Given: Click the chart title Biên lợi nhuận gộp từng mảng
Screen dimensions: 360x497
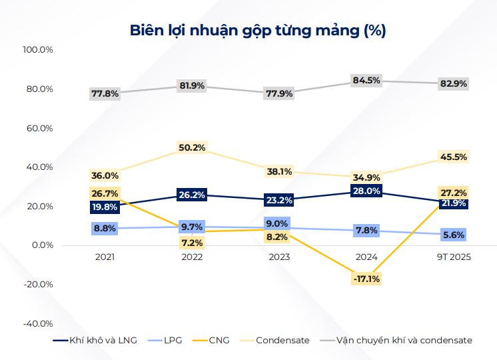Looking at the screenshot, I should [248, 30].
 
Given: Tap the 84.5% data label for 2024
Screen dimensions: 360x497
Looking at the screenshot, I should [366, 80].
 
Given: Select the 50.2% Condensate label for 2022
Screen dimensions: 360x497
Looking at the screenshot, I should [192, 147].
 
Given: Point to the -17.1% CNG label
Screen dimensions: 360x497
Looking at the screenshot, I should [366, 279].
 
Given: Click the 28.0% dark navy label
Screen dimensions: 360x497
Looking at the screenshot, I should [366, 191].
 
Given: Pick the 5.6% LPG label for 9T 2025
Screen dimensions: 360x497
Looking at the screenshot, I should [454, 235].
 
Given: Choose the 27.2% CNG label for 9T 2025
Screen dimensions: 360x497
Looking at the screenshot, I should [454, 192].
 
